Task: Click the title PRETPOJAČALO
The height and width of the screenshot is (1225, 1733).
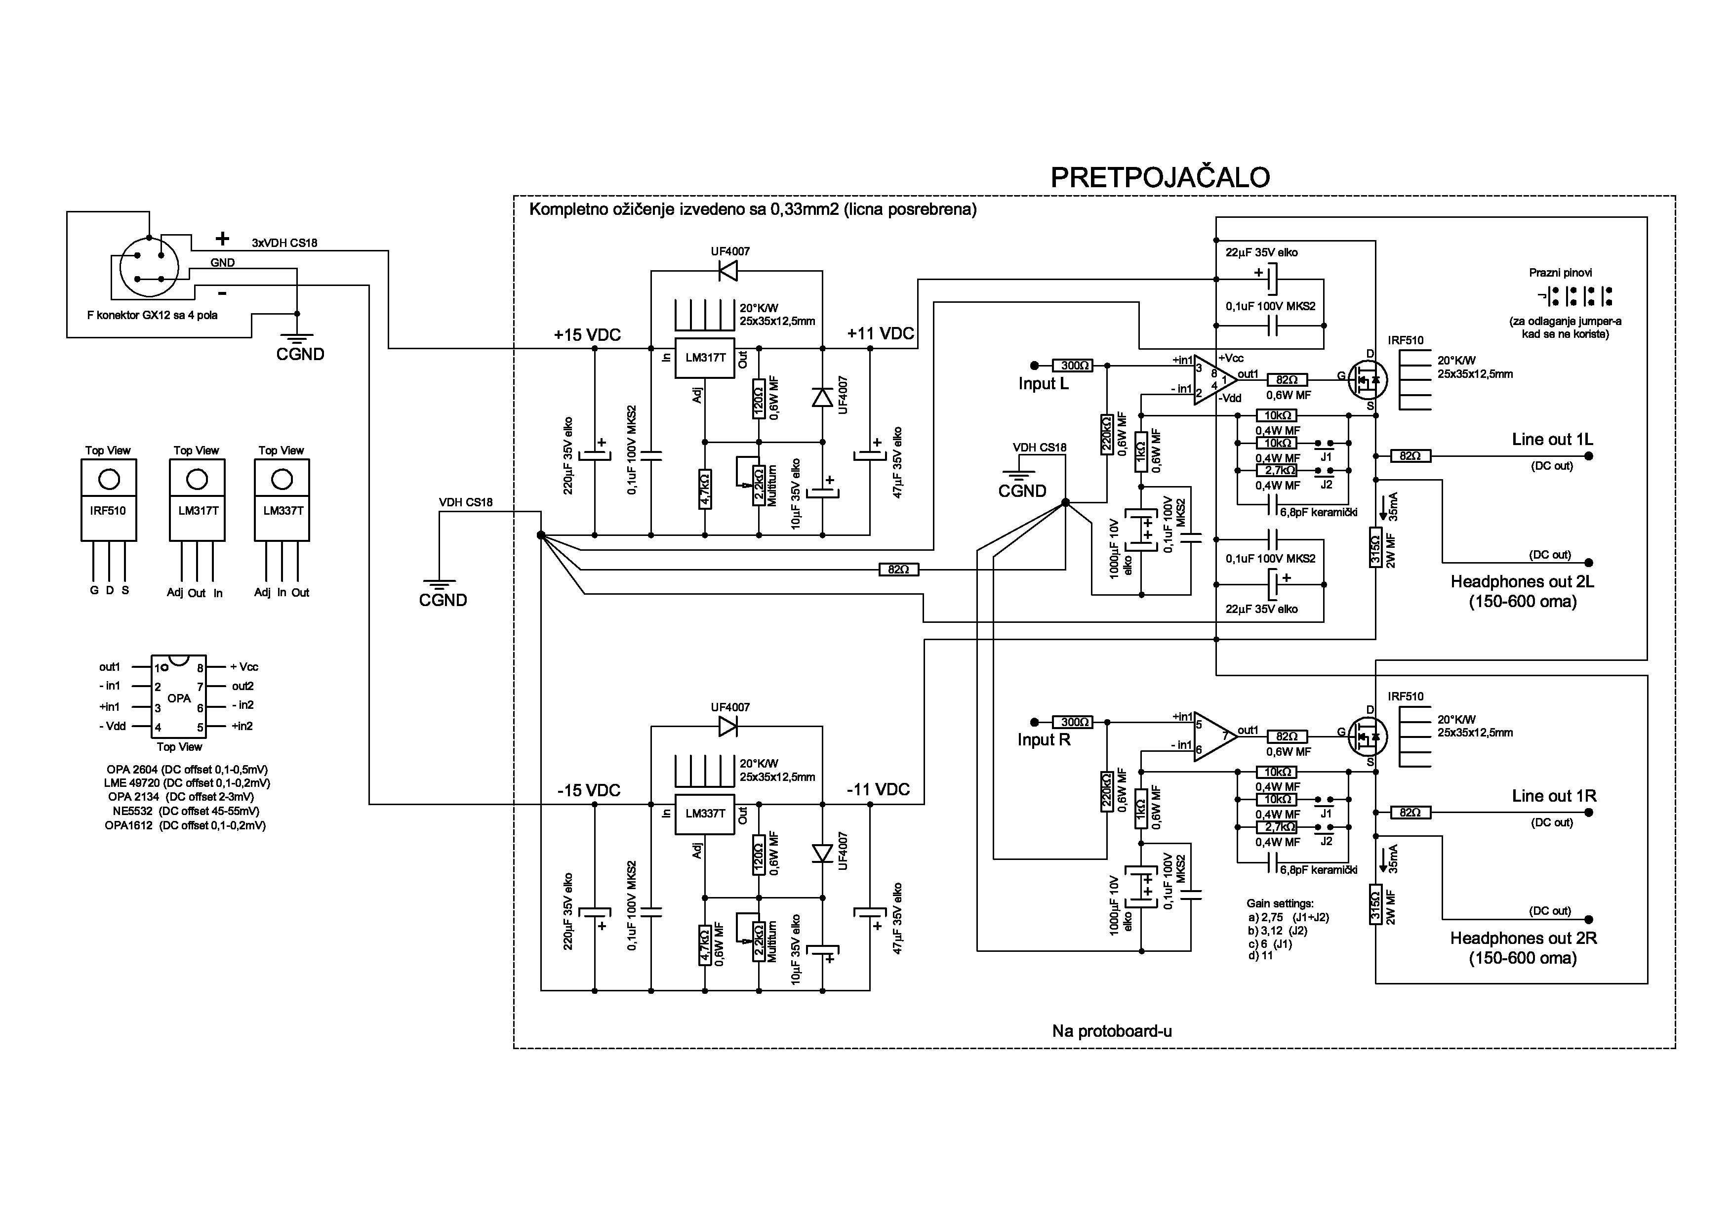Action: tap(1160, 177)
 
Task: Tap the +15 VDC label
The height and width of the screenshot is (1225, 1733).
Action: tap(587, 335)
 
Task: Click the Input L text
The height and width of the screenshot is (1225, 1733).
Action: tap(1043, 383)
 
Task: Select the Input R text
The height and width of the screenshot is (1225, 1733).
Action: tap(1044, 739)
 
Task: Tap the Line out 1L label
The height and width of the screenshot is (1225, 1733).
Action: tap(1552, 439)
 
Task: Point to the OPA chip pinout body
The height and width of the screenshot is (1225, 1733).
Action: tap(179, 696)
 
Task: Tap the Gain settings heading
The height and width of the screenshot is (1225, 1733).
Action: tap(1280, 903)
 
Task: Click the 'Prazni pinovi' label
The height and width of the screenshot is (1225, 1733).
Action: tap(1560, 273)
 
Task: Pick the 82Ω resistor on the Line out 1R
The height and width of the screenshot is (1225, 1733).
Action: tap(1410, 813)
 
